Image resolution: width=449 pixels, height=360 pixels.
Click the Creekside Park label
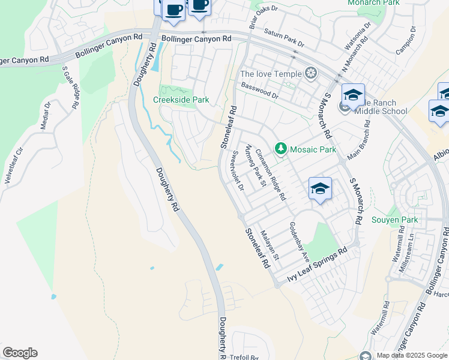(181, 100)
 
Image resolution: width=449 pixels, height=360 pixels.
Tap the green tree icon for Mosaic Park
(280, 148)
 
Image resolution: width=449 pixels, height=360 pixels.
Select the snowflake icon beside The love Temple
(311, 74)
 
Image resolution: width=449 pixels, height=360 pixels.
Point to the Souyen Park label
(394, 220)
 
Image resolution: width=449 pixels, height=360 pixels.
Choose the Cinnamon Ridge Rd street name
(271, 175)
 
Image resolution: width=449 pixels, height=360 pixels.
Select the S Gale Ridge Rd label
(70, 88)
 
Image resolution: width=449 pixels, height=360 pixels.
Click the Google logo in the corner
(20, 353)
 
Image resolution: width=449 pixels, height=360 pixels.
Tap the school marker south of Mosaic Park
(320, 189)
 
